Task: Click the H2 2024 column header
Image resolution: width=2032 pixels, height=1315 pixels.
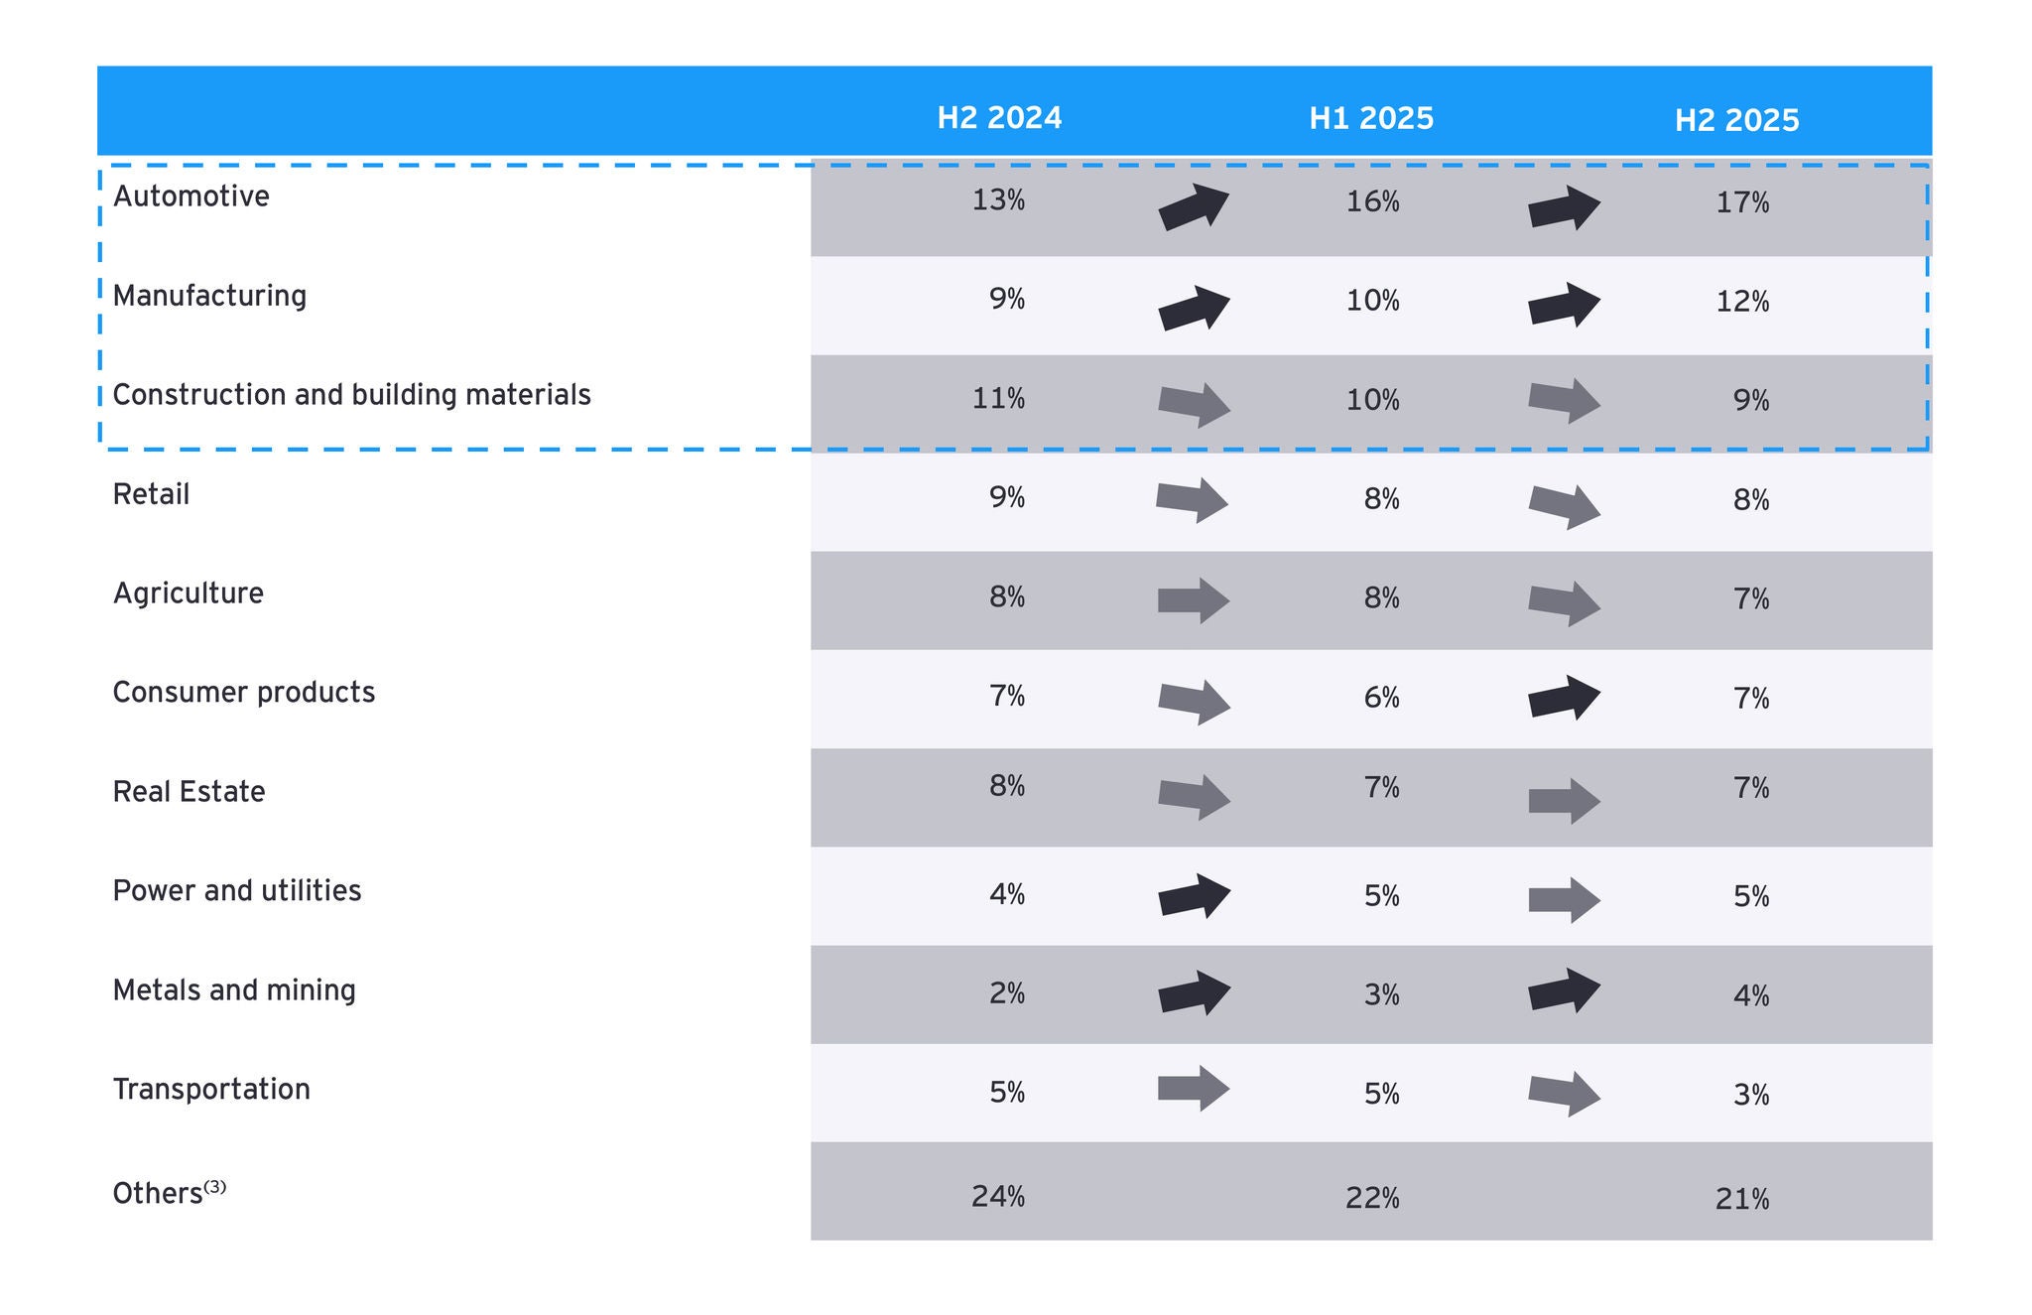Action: pyautogui.click(x=999, y=118)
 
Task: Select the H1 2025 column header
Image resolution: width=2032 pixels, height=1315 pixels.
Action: pyautogui.click(x=1371, y=119)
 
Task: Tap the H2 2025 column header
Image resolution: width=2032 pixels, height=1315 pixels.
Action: pyautogui.click(x=1736, y=121)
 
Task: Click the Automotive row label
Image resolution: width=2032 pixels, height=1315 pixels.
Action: pyautogui.click(x=191, y=197)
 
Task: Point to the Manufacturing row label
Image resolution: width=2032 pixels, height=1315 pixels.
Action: pyautogui.click(x=209, y=296)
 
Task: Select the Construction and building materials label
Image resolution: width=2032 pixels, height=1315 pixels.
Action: pyautogui.click(x=351, y=395)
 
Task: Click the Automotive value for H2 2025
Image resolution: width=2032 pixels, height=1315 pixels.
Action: pyautogui.click(x=1742, y=203)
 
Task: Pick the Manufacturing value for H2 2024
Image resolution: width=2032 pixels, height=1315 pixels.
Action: pyautogui.click(x=1007, y=299)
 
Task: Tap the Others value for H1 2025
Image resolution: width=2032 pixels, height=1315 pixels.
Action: pyautogui.click(x=1372, y=1199)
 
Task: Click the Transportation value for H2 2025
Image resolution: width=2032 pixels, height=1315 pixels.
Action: pyautogui.click(x=1751, y=1095)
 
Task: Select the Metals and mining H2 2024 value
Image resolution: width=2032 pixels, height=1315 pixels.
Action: pyautogui.click(x=1007, y=993)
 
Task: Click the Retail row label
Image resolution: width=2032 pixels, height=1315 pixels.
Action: pyautogui.click(x=151, y=494)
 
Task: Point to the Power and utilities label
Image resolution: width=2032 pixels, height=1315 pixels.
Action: pyautogui.click(x=237, y=891)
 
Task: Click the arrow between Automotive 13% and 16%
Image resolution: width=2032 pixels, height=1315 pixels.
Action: pyautogui.click(x=1194, y=207)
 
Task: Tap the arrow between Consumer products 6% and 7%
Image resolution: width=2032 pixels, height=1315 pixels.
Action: pyautogui.click(x=1565, y=698)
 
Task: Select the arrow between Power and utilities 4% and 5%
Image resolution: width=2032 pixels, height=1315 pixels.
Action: pyautogui.click(x=1195, y=896)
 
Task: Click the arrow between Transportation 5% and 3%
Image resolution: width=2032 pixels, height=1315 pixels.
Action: pyautogui.click(x=1565, y=1095)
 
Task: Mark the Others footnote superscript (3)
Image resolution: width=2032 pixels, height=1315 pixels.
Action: pyautogui.click(x=215, y=1186)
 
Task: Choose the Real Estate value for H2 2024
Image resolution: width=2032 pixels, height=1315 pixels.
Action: pyautogui.click(x=1007, y=786)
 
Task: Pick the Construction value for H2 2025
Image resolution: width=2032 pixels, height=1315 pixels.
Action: pyautogui.click(x=1751, y=400)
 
